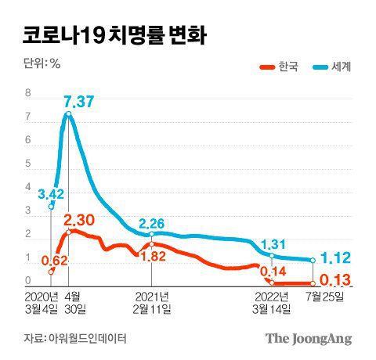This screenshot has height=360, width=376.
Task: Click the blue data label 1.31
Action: pos(273,243)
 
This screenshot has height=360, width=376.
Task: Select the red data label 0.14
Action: pos(273,272)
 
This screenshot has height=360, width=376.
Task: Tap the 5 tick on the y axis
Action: pos(28,164)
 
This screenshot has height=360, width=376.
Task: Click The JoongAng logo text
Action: pos(308,339)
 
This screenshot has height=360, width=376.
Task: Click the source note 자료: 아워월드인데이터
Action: pos(75,338)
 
